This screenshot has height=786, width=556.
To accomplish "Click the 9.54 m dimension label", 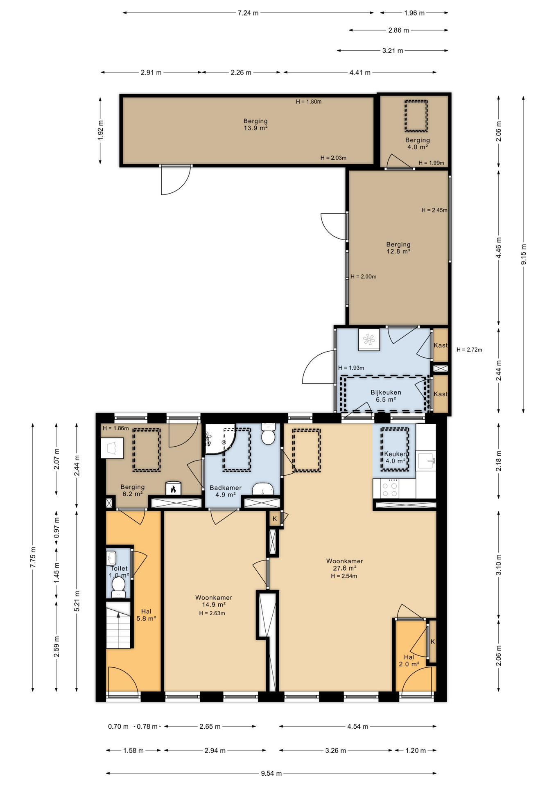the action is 271,773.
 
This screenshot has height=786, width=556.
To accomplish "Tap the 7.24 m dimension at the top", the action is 248,13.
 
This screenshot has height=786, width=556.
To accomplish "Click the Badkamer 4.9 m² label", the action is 226,491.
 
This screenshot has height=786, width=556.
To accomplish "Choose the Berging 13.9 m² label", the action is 255,124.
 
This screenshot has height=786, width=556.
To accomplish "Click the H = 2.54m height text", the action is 344,576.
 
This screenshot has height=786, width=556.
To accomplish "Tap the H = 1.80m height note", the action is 309,102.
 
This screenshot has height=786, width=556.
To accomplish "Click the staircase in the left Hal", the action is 118,625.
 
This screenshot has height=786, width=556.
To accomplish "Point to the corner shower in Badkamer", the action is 219,439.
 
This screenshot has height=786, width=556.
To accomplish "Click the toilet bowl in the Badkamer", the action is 268,434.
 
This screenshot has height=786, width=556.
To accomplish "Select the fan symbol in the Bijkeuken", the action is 369,340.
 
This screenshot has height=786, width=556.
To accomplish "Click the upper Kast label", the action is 441,345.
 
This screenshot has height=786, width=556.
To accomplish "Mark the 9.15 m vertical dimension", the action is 524,254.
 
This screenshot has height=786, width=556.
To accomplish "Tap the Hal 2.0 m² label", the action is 409,660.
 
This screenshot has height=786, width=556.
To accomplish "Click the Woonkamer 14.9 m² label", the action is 214,601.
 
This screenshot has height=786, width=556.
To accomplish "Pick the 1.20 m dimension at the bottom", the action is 415,750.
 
